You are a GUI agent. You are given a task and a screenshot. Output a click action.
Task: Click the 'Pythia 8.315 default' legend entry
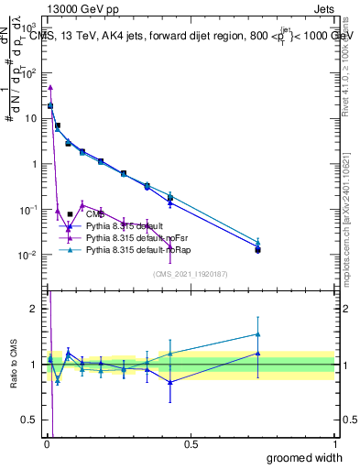tap(136, 224)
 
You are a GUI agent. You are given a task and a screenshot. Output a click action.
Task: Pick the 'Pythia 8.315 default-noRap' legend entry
tap(144, 248)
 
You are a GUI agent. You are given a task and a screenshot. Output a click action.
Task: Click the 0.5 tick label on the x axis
tap(191, 443)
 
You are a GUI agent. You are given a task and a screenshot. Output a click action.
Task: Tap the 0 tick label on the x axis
tap(47, 443)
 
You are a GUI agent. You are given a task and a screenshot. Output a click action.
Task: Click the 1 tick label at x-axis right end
tap(334, 443)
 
